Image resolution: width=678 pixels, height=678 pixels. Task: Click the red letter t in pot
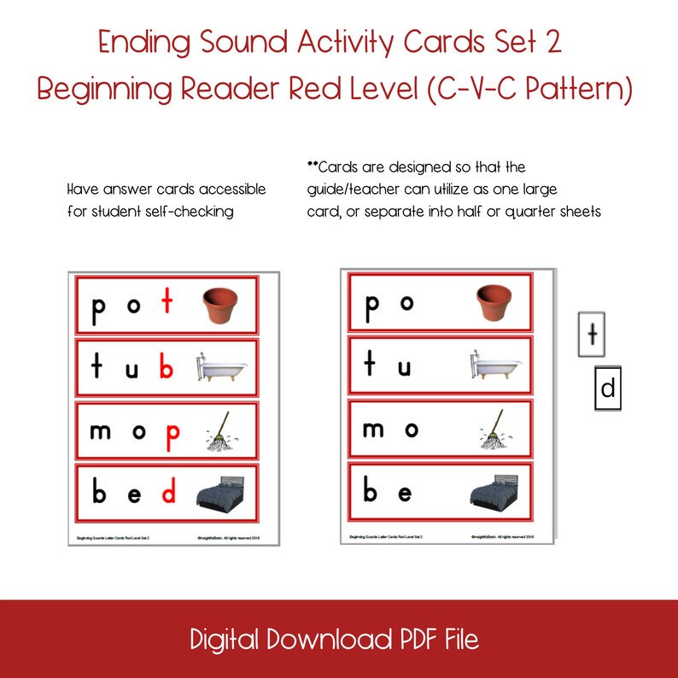pyautogui.click(x=168, y=305)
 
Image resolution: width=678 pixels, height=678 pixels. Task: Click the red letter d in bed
pyautogui.click(x=169, y=493)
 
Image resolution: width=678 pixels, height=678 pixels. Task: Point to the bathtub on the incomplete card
pyautogui.click(x=494, y=367)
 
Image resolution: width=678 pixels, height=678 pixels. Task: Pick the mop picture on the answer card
pyautogui.click(x=219, y=431)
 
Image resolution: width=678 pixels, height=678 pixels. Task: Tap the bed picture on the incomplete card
pyautogui.click(x=494, y=493)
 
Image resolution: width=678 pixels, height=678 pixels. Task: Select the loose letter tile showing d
pyautogui.click(x=607, y=389)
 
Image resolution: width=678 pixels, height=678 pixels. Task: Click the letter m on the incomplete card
pyautogui.click(x=373, y=430)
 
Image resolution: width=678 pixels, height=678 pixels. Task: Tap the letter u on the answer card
pyautogui.click(x=133, y=368)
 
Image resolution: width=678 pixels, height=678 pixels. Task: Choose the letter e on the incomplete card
pyautogui.click(x=405, y=494)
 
